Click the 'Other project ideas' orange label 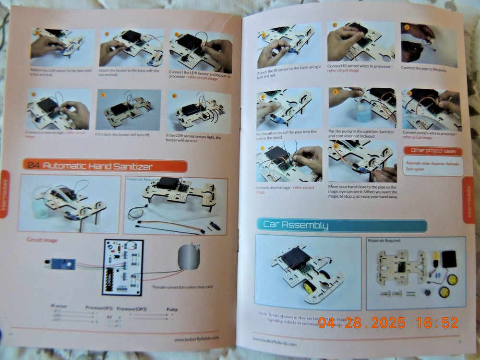pos(432,151)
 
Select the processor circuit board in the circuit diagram pos(122,266)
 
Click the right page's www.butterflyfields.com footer pos(275,344)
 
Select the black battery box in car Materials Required pos(449,259)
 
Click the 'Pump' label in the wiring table pos(172,310)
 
